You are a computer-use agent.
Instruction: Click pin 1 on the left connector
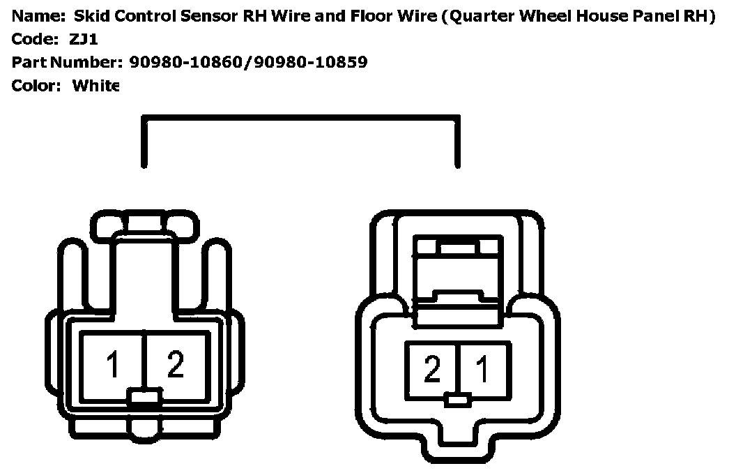pos(113,365)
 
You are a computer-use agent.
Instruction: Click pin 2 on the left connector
pos(176,365)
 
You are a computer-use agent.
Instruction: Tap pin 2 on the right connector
pos(432,369)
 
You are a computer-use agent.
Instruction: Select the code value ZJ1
pos(84,40)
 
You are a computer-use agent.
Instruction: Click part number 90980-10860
pos(188,63)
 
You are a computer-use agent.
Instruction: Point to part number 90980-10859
pos(311,63)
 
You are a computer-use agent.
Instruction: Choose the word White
pos(96,86)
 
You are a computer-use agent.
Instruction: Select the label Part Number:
pos(67,63)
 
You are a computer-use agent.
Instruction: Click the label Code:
pos(36,40)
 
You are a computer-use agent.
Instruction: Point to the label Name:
pos(37,17)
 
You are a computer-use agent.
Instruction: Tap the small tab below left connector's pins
pos(144,400)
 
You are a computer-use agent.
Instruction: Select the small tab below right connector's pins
pos(458,400)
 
